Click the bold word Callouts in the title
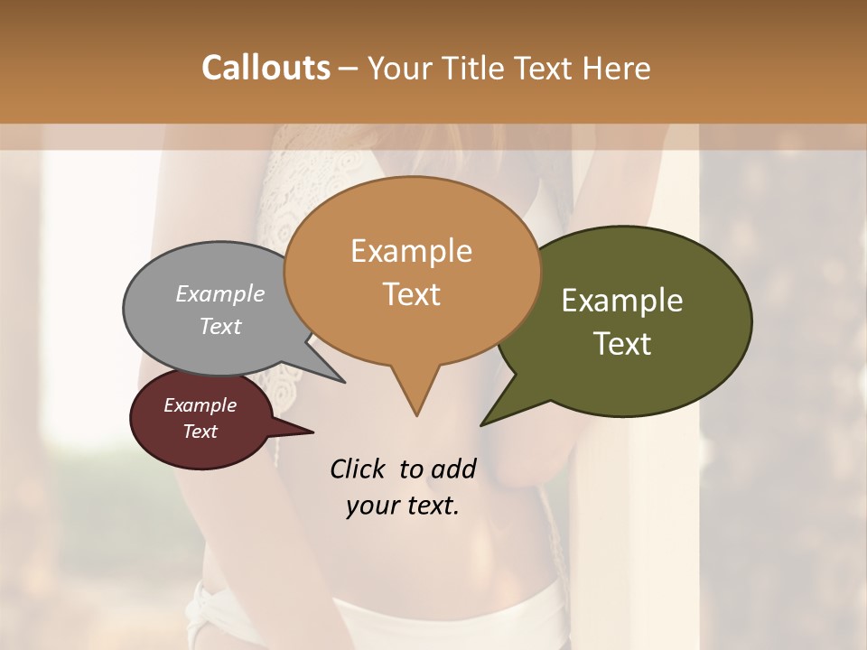pos(266,68)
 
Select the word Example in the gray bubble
pos(220,293)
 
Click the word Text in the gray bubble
pos(220,326)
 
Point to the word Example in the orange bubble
pos(411,251)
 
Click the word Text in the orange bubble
pos(411,294)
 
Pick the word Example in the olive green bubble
pos(622,301)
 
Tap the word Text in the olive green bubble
pos(622,344)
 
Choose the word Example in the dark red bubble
pos(200,405)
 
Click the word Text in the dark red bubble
pos(200,432)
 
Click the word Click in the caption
pos(358,469)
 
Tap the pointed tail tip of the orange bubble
pos(416,415)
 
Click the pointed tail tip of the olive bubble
pos(480,425)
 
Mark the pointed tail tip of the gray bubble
pos(345,383)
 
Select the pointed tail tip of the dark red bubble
pos(312,432)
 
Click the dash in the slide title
pos(350,69)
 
